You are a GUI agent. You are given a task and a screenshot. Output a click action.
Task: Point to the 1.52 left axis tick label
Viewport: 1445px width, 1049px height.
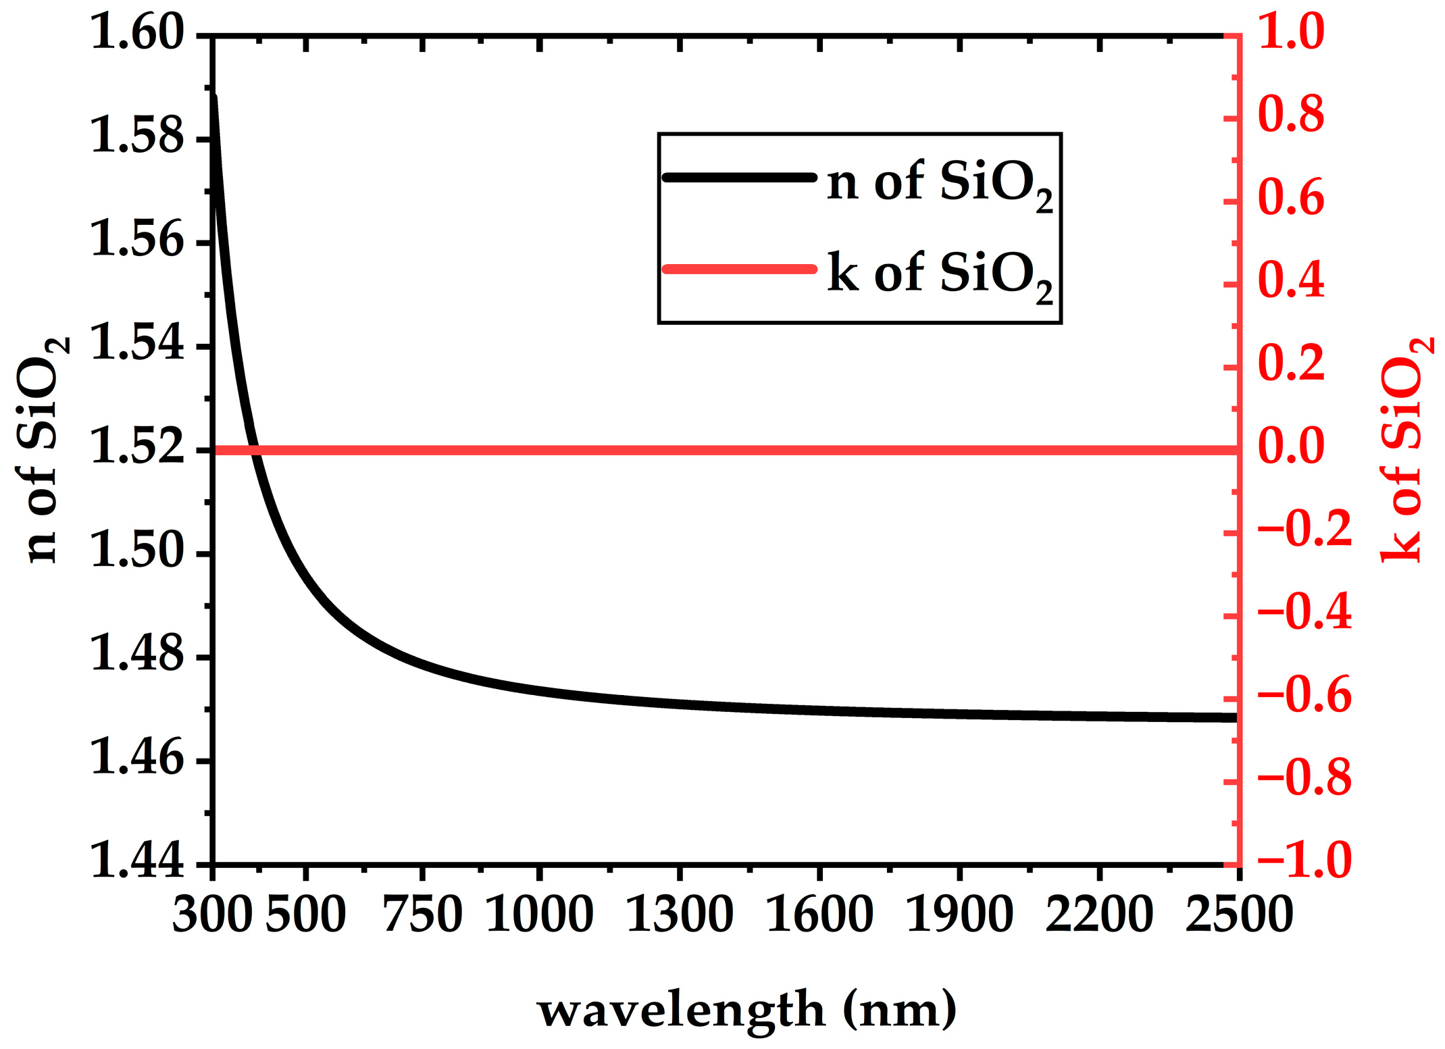tap(136, 448)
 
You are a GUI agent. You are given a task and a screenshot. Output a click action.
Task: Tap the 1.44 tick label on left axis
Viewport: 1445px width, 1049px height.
tap(136, 862)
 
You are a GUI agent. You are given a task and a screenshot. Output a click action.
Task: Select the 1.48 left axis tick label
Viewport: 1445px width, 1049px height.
tap(136, 655)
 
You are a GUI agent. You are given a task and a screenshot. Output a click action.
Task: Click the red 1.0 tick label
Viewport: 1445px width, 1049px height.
tap(1291, 32)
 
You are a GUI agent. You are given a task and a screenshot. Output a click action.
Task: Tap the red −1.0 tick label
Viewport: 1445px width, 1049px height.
tap(1304, 862)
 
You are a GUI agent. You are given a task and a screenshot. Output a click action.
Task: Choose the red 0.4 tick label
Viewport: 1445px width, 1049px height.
tap(1291, 282)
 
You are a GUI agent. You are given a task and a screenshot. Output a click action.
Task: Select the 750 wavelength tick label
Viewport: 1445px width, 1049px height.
tap(422, 915)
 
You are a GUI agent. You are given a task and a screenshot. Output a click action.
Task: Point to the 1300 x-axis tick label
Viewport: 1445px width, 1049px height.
tap(680, 915)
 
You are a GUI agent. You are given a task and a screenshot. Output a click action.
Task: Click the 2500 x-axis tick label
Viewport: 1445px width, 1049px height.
tap(1238, 915)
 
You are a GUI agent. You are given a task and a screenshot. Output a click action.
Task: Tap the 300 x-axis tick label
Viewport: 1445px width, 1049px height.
tap(212, 915)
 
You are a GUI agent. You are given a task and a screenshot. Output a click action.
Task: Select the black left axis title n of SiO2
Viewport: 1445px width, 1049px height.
tap(42, 449)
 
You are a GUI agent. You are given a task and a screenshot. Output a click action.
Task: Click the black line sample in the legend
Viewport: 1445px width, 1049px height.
tap(740, 178)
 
